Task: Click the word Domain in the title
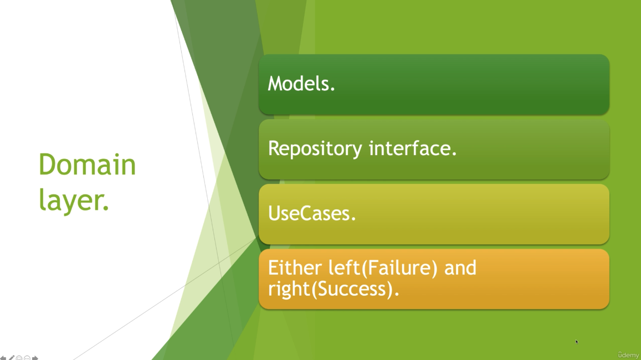pyautogui.click(x=87, y=164)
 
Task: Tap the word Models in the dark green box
pyautogui.click(x=299, y=84)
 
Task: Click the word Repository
pyautogui.click(x=315, y=149)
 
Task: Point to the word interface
pyautogui.click(x=409, y=148)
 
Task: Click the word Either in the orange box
pyautogui.click(x=295, y=268)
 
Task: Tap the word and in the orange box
pyautogui.click(x=460, y=268)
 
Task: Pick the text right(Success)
pyautogui.click(x=331, y=289)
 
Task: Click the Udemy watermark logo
pyautogui.click(x=628, y=355)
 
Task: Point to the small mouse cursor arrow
pyautogui.click(x=577, y=342)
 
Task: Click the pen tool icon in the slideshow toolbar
pyautogui.click(x=12, y=358)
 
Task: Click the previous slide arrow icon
pyautogui.click(x=3, y=358)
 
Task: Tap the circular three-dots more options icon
pyautogui.click(x=27, y=358)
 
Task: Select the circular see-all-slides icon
pyautogui.click(x=19, y=358)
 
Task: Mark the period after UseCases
pyautogui.click(x=353, y=219)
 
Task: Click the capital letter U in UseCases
pyautogui.click(x=274, y=213)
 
